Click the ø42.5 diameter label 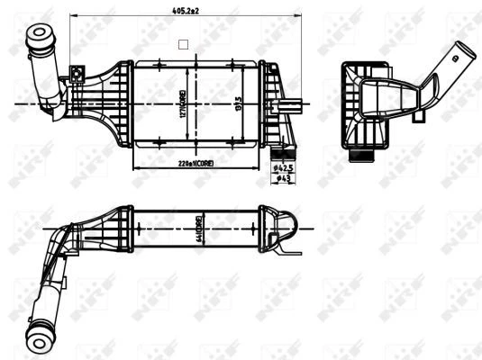click(x=283, y=167)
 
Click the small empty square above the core click(x=183, y=42)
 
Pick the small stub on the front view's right click(x=294, y=104)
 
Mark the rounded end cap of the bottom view click(x=286, y=226)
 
